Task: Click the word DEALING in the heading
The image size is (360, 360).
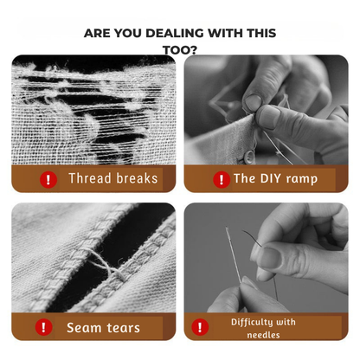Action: tap(176, 33)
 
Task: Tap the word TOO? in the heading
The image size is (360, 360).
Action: tap(180, 50)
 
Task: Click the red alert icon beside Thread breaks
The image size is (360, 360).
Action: tap(48, 179)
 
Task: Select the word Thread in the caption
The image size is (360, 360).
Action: tap(90, 178)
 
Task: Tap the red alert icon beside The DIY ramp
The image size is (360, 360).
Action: tap(222, 179)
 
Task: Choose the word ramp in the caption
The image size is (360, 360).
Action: tap(302, 179)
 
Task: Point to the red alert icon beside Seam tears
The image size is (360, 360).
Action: tap(43, 327)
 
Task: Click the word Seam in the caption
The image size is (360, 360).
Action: tap(84, 328)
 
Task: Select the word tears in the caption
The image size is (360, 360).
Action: tap(123, 328)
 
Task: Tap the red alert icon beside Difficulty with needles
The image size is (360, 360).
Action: tap(200, 327)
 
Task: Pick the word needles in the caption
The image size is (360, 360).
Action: tap(263, 335)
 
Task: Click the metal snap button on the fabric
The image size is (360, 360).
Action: tap(248, 157)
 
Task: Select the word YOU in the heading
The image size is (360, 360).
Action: tap(128, 33)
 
